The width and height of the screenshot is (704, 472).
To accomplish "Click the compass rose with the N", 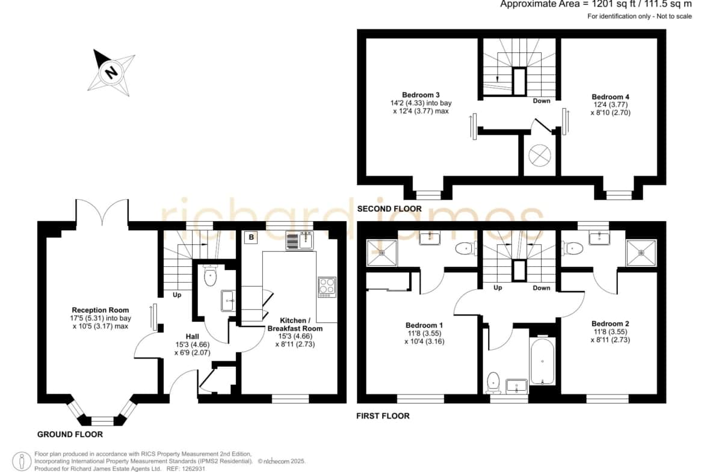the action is tap(111, 72).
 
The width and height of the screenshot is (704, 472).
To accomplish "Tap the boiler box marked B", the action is tap(251, 238).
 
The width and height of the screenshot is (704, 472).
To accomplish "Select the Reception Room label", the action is tap(100, 310).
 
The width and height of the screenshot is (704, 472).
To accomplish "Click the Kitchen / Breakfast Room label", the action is tap(295, 325).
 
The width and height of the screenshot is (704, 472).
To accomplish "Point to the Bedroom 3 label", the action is tap(421, 94).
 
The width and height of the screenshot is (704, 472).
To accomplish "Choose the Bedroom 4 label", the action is tap(610, 97).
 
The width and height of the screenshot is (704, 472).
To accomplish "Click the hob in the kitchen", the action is tap(327, 287).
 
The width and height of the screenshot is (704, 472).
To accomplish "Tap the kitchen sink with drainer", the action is tap(300, 241).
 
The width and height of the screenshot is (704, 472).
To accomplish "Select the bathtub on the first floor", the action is tap(542, 360).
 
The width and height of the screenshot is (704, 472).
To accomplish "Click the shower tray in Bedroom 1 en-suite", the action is tap(381, 253).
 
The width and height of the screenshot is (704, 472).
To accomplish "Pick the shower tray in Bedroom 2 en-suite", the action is tap(641, 253).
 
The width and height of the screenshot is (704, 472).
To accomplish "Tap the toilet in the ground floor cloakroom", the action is tap(210, 275).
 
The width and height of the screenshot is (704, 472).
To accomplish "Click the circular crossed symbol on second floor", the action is tap(540, 156).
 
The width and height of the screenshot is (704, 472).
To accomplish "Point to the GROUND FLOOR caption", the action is tap(70, 434).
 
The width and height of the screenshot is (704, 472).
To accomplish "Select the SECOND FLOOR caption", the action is tap(389, 209).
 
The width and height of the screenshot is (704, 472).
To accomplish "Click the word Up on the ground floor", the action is tap(177, 295).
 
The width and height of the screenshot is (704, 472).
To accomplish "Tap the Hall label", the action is tap(192, 337).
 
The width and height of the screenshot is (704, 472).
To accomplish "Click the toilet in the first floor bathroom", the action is tap(493, 381).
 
